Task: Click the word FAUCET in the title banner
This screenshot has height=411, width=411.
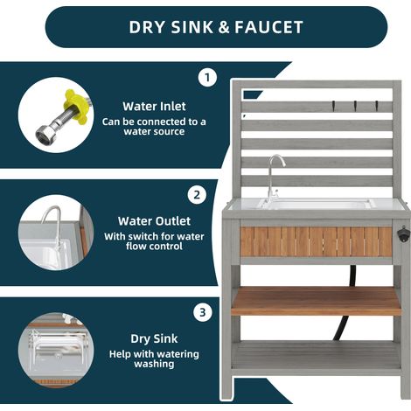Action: tap(268, 27)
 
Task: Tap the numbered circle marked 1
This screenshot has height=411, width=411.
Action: tap(207, 78)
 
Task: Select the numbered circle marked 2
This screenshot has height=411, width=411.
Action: tap(197, 195)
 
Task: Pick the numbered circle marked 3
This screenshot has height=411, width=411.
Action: tap(203, 312)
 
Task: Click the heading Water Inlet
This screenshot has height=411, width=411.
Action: tap(154, 106)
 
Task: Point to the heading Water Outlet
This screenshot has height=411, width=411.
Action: tap(154, 221)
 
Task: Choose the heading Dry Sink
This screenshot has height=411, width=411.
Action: tap(154, 338)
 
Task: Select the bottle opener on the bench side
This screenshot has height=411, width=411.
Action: tap(403, 233)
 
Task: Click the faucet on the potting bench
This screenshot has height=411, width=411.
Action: tap(275, 178)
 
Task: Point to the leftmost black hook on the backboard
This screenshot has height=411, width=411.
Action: tap(333, 106)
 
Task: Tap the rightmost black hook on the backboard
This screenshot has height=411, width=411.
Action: tap(377, 106)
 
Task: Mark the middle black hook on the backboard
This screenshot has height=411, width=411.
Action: tap(355, 106)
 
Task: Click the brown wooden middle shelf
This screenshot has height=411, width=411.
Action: tap(316, 301)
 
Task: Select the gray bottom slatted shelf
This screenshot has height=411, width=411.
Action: tap(316, 355)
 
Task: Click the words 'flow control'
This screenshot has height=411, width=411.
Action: tap(154, 246)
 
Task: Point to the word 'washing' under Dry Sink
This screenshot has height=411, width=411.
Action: tap(154, 364)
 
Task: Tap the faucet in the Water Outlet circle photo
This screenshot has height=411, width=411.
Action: tap(53, 227)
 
